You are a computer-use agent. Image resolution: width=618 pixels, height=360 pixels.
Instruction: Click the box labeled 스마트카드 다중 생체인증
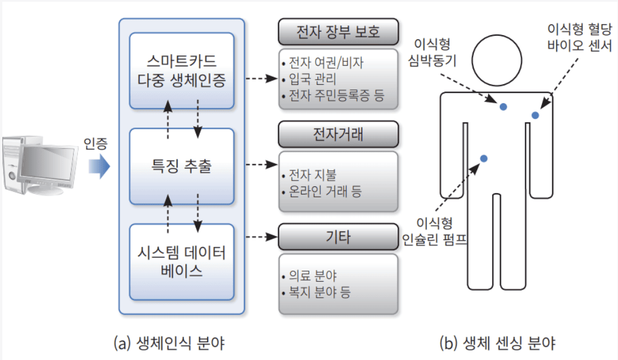(181, 70)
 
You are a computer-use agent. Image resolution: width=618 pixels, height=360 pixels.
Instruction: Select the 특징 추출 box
(181, 166)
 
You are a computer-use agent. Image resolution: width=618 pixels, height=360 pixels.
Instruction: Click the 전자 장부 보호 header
(338, 32)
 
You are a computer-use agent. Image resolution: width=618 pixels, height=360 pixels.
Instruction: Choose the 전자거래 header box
(338, 134)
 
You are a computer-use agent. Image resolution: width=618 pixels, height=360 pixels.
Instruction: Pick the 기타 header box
(338, 237)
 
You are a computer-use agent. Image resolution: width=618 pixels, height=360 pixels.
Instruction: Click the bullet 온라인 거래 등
(324, 191)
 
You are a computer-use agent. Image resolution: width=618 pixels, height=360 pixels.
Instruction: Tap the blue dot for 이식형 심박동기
(503, 107)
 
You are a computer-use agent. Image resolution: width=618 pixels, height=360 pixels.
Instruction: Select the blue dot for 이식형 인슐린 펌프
(484, 158)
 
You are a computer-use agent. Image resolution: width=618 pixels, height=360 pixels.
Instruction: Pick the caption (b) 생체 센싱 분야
(497, 344)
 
